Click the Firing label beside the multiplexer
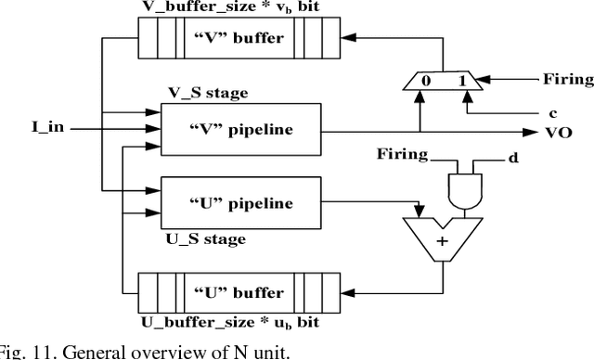(566, 80)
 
